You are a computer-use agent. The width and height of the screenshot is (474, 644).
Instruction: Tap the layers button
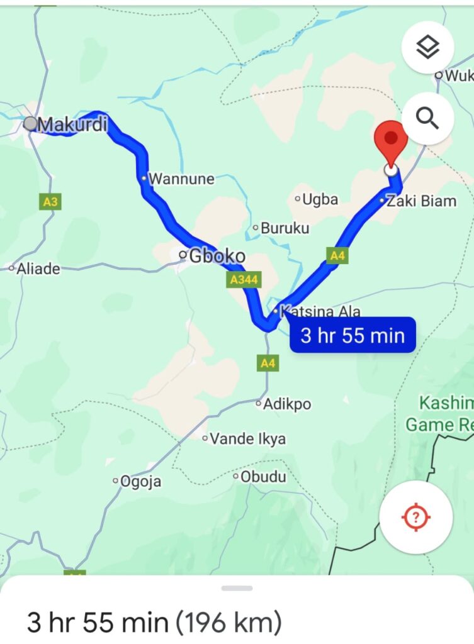click(x=427, y=47)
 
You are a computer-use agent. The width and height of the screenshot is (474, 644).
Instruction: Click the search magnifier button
click(x=427, y=118)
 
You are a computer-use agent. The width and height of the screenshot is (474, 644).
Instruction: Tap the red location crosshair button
click(x=415, y=518)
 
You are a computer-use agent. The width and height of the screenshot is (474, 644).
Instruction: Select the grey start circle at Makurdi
click(x=30, y=124)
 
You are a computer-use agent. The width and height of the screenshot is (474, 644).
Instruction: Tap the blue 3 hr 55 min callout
click(x=353, y=335)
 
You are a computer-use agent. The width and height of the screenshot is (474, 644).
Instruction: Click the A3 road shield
click(x=50, y=202)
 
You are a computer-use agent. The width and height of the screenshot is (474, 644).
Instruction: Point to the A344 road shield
click(x=244, y=280)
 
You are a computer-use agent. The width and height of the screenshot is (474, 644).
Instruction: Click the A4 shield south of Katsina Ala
click(x=268, y=363)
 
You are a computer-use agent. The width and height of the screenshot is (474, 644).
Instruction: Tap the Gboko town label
click(x=217, y=257)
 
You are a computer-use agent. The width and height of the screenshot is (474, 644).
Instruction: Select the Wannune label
click(x=181, y=179)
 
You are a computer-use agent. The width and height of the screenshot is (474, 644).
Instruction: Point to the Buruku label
click(x=285, y=228)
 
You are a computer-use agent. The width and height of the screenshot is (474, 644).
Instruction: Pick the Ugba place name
click(x=320, y=200)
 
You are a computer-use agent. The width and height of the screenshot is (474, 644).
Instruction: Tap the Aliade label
click(x=38, y=269)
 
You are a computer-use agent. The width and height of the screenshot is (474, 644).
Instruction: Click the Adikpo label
click(x=287, y=404)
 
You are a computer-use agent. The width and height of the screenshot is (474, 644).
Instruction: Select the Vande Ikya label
click(x=247, y=439)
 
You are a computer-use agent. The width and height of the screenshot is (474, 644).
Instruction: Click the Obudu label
click(x=263, y=477)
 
